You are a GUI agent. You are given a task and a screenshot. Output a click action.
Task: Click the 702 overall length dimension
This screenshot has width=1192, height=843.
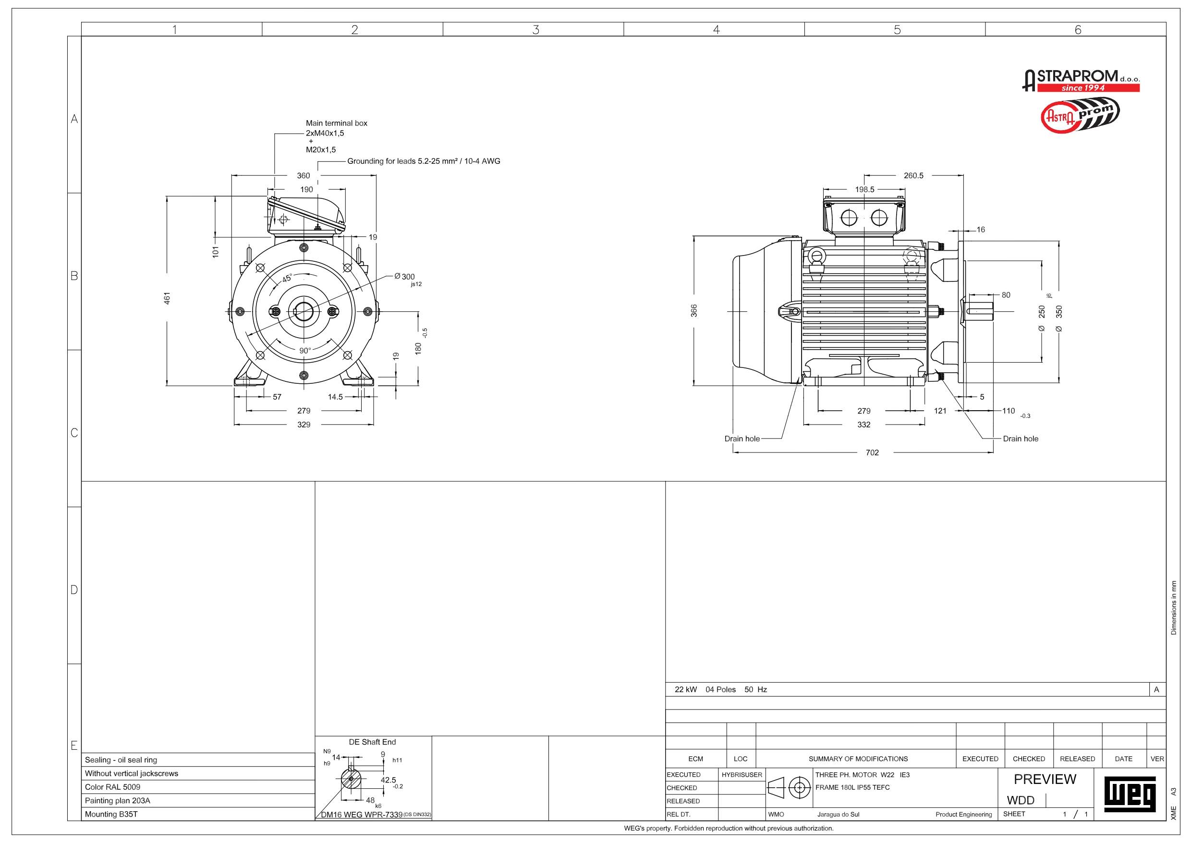coord(872,452)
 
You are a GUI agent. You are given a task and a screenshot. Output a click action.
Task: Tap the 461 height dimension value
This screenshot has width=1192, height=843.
coord(167,298)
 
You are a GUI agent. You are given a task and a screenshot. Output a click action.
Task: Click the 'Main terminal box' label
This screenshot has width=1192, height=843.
coord(336,123)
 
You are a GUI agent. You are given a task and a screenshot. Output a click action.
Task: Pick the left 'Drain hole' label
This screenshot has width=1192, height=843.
coord(742,439)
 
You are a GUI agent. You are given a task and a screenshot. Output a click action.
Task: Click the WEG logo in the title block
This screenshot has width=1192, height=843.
coord(1130,794)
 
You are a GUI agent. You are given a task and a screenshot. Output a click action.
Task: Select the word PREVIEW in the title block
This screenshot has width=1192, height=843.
coord(1045,780)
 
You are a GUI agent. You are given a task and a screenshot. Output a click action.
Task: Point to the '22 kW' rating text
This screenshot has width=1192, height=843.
coord(685,690)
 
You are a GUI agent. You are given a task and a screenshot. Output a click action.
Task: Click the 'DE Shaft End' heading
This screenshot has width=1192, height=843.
coord(372,742)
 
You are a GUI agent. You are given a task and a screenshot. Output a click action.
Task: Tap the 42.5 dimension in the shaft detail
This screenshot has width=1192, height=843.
coord(388,780)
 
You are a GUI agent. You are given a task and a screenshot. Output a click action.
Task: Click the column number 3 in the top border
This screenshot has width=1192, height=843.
coord(535,30)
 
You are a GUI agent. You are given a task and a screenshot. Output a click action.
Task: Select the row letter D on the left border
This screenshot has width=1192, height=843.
coord(74,589)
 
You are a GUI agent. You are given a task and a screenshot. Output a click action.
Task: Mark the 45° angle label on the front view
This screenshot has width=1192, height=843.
coord(287,279)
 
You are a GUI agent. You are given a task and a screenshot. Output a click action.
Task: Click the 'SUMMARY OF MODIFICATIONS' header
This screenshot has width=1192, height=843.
coord(858,759)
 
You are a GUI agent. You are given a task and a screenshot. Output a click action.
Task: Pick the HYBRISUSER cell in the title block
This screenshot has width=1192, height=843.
coord(742,775)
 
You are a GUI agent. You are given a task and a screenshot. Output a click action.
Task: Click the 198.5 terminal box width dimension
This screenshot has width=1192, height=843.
coord(864,190)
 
